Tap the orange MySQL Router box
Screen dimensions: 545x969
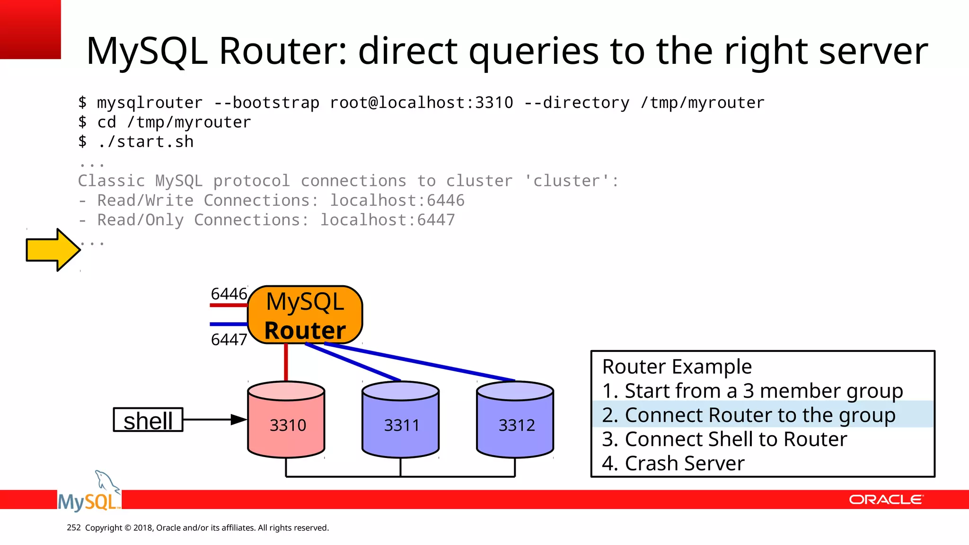click(305, 315)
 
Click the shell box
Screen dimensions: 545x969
click(148, 420)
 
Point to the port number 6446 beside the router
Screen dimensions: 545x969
click(229, 294)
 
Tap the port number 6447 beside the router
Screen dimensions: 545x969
click(229, 339)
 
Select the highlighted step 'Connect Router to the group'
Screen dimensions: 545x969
click(749, 415)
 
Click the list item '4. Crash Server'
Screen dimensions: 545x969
click(673, 463)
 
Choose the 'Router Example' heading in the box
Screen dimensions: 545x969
click(677, 367)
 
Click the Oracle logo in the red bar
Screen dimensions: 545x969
click(886, 500)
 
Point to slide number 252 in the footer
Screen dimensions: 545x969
click(74, 527)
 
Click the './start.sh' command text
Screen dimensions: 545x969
click(146, 141)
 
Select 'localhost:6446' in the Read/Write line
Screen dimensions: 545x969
click(397, 201)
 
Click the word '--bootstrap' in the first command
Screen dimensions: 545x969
click(266, 103)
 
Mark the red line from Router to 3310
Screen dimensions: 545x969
click(286, 362)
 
